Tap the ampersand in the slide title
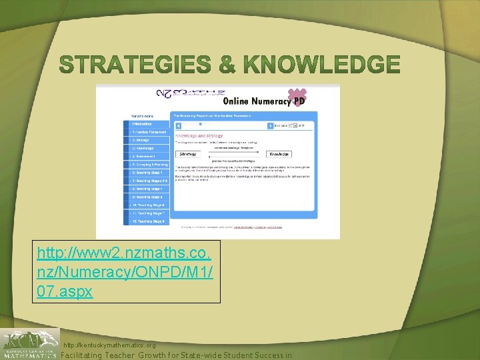tap(227, 65)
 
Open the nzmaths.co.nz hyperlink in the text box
tap(125, 272)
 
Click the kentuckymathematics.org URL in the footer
tap(109, 345)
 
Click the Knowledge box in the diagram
tap(279, 154)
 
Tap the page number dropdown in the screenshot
tap(292, 125)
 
